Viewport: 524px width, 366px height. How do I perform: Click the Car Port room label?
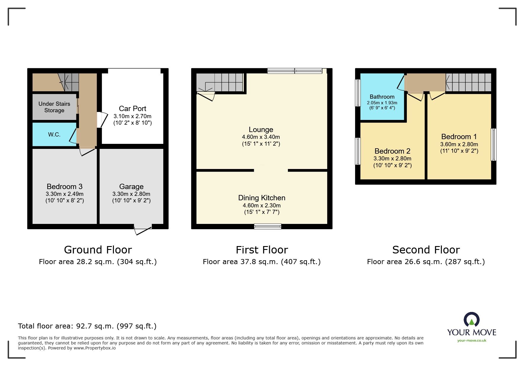(x=132, y=108)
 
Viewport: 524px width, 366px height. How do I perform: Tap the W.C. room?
(x=54, y=135)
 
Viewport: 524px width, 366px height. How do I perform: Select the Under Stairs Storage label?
(x=54, y=107)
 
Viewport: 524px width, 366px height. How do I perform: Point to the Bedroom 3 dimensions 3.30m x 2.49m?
(x=65, y=194)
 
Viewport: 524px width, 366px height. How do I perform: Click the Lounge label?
(x=261, y=130)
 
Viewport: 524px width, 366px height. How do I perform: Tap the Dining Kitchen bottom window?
(x=267, y=227)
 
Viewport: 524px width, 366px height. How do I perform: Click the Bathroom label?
(x=382, y=97)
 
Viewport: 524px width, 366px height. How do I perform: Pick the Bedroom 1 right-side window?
(x=493, y=144)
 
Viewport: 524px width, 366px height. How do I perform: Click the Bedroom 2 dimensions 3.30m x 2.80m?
(x=392, y=158)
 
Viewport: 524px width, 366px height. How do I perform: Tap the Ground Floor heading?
(x=98, y=250)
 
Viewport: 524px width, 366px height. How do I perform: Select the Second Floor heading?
(x=426, y=250)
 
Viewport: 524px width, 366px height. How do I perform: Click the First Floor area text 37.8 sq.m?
(x=262, y=262)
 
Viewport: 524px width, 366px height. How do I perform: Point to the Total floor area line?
(x=87, y=326)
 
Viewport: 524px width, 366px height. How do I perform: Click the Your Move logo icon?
(x=471, y=320)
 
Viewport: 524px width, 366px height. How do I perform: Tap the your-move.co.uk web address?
(x=472, y=341)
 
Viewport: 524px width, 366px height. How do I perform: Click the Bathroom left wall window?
(x=358, y=93)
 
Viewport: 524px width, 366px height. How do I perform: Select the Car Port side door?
(x=101, y=120)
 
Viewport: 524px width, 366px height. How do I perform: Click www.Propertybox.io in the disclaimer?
(x=94, y=348)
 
